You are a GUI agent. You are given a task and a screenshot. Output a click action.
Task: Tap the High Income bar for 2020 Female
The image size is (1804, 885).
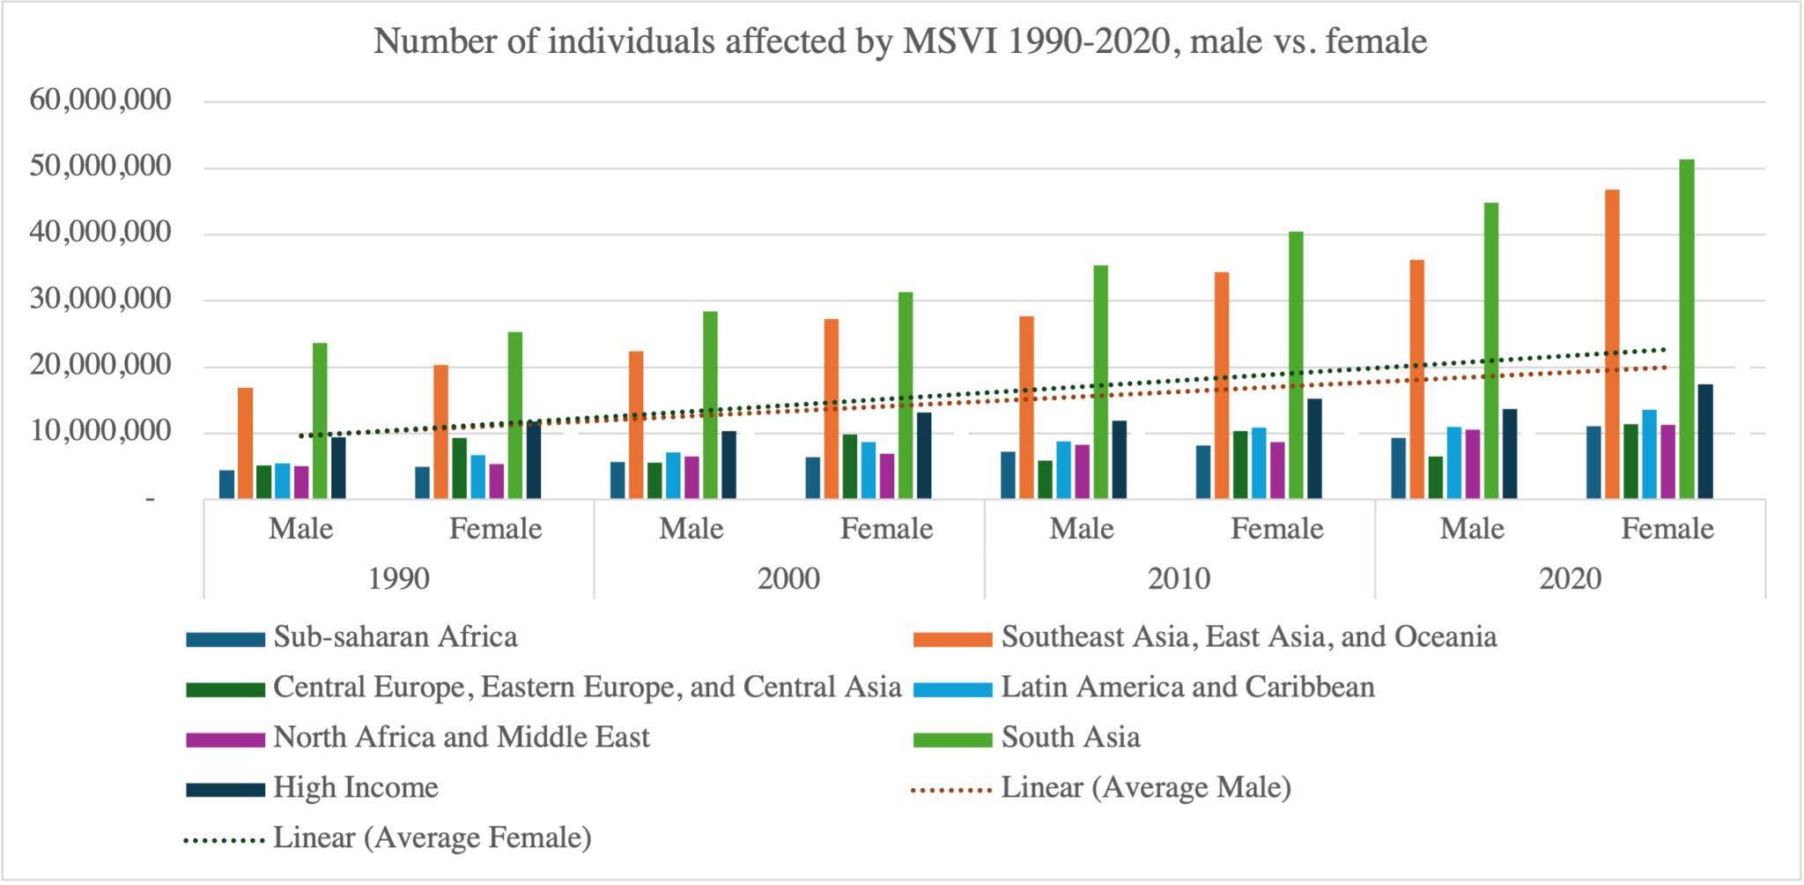1705,442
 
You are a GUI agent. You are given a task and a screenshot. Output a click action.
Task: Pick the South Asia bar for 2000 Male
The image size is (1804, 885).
710,405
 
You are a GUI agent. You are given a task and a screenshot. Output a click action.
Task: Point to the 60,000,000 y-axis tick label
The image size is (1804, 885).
100,100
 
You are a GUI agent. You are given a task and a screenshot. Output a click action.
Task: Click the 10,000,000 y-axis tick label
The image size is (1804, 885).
100,431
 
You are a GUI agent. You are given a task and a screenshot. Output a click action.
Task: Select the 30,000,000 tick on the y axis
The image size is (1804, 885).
100,299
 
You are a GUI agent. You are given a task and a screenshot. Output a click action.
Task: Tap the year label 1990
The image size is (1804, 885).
398,578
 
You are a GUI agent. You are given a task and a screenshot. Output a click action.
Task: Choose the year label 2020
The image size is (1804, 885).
1570,578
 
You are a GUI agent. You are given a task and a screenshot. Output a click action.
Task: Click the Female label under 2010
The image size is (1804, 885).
1276,529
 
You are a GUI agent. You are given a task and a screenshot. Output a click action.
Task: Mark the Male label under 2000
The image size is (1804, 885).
691,529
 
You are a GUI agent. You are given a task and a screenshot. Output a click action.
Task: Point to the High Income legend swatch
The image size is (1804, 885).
225,789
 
